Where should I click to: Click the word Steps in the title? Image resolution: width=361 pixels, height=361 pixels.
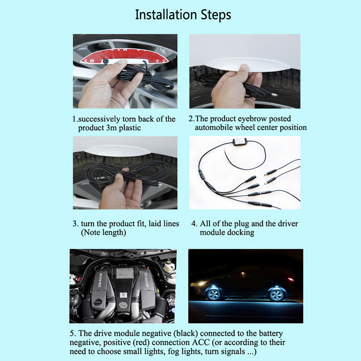pyautogui.click(x=216, y=15)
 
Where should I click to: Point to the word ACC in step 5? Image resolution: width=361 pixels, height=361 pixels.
pyautogui.click(x=201, y=342)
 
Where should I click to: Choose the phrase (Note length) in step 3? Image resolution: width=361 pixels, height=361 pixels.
pyautogui.click(x=103, y=232)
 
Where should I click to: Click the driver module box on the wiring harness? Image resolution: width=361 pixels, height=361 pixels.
pyautogui.click(x=240, y=141)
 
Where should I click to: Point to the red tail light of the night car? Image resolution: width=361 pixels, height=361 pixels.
pyautogui.click(x=291, y=280)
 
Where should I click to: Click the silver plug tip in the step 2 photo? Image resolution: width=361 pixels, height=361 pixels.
pyautogui.click(x=274, y=95)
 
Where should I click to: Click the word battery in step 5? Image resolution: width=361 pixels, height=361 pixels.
pyautogui.click(x=271, y=334)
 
